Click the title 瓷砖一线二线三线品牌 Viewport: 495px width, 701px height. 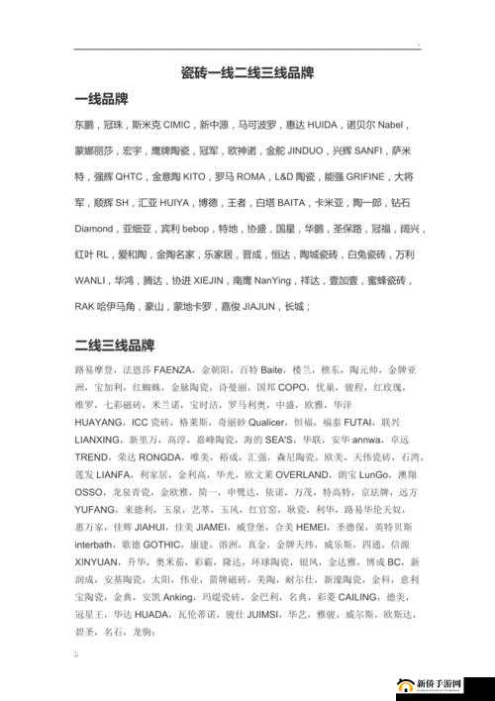(x=247, y=74)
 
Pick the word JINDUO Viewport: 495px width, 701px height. (x=301, y=151)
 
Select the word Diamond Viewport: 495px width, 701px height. (x=94, y=229)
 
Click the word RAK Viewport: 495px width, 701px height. (x=85, y=306)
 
